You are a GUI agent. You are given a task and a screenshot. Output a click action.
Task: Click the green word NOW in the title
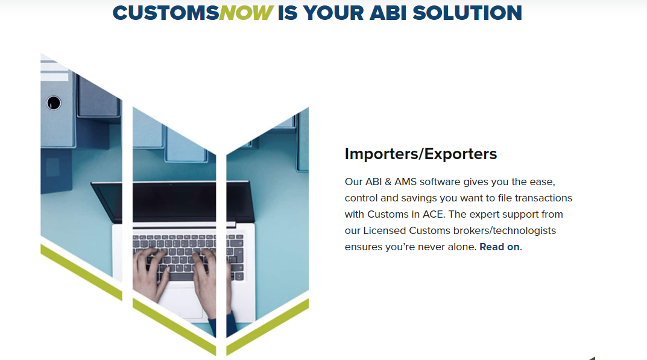coord(245,13)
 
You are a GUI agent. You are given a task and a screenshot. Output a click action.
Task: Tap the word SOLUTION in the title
coord(467,13)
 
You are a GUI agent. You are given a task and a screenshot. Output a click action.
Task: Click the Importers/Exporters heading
coord(420,154)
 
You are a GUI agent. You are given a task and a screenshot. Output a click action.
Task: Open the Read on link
coord(499,247)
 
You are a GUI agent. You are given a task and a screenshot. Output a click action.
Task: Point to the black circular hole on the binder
coord(54,103)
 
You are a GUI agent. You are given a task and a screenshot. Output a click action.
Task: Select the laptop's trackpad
coord(181,302)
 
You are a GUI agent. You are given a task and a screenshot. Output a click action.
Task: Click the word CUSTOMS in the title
coord(166,13)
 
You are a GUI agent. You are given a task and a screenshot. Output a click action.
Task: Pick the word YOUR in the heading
coord(334,13)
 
